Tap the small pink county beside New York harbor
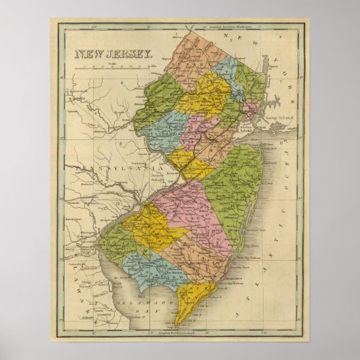point(251,109)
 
